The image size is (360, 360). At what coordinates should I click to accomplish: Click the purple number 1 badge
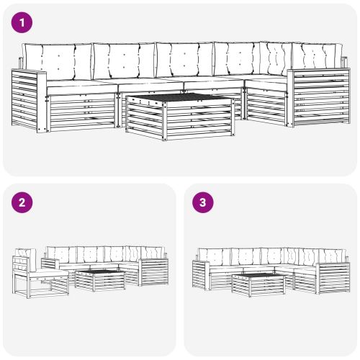[22, 22]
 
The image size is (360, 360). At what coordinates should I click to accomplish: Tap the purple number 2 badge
[22, 202]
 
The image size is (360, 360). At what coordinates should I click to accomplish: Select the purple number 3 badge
[203, 202]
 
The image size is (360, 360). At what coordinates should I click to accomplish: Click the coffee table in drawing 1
[181, 117]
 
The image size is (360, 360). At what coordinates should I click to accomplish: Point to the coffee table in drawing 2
[100, 280]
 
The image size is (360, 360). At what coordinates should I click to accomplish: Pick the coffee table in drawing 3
[258, 285]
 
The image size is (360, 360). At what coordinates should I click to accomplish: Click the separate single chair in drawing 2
[40, 274]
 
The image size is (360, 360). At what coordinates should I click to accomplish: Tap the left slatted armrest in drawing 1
[29, 100]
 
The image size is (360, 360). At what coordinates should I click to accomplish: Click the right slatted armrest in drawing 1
[319, 98]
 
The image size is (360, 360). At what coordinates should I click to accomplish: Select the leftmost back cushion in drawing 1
[58, 61]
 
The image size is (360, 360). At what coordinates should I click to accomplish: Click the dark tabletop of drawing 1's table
[181, 97]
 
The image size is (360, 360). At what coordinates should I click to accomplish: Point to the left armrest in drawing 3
[201, 274]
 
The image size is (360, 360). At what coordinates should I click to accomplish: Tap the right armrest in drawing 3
[333, 278]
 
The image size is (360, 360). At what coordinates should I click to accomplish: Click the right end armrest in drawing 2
[154, 272]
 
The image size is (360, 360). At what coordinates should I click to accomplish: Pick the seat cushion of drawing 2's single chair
[49, 273]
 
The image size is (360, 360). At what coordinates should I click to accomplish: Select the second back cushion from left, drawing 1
[124, 61]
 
